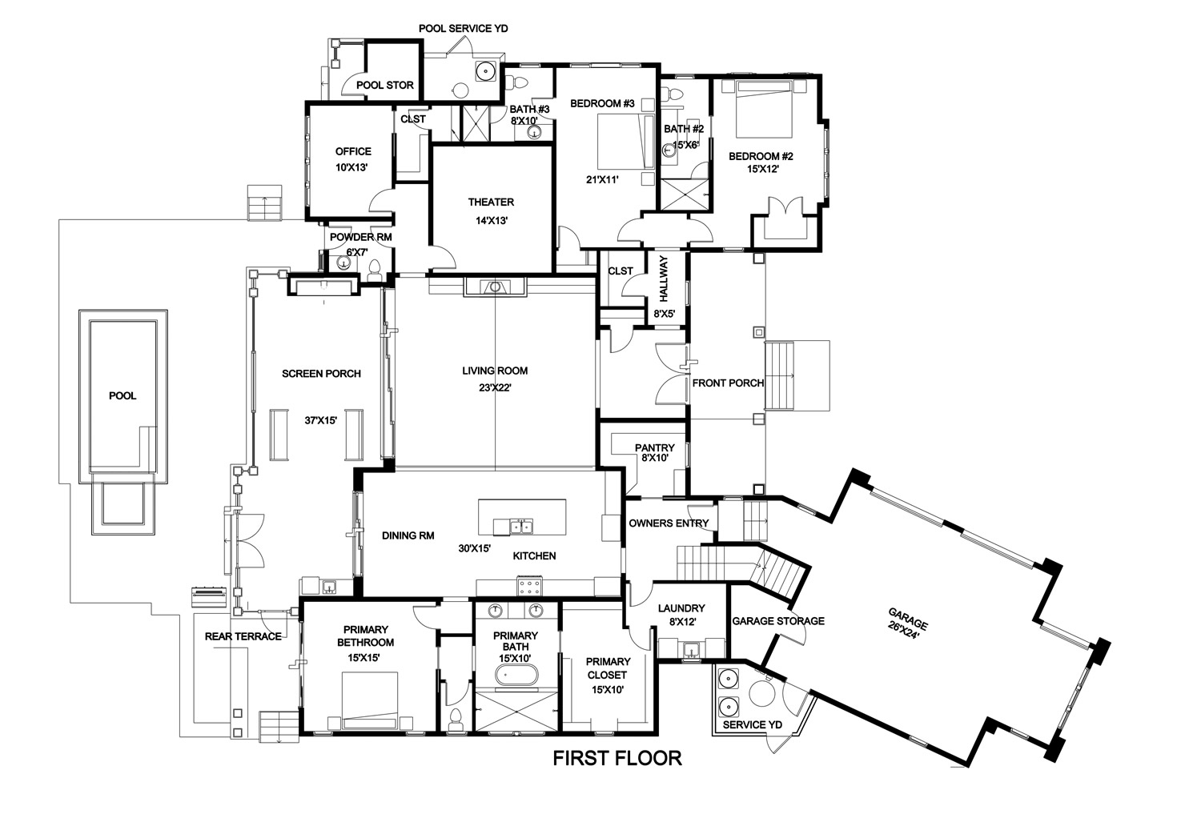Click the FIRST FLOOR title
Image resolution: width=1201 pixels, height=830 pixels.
(617, 758)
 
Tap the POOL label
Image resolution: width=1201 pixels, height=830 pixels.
(123, 396)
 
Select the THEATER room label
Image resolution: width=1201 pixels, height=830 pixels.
(491, 202)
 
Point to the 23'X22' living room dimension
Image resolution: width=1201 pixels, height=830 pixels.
(495, 387)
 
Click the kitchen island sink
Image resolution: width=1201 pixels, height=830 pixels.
(520, 526)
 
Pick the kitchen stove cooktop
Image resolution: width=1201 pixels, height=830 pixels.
(530, 585)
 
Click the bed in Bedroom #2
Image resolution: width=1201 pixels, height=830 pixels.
(764, 109)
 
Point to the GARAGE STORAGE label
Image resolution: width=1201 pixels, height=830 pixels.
(778, 621)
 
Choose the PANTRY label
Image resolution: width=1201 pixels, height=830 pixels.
(655, 447)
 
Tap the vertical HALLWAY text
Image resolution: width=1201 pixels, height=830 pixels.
(664, 279)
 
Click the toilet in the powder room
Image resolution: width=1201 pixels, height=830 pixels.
(375, 268)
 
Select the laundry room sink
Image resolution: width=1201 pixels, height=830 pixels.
(693, 650)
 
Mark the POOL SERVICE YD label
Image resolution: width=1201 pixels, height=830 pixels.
(464, 28)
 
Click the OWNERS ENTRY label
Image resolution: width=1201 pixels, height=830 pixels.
(669, 523)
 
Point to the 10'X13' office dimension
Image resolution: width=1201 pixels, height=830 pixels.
(351, 168)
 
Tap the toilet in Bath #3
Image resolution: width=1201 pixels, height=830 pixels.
(519, 82)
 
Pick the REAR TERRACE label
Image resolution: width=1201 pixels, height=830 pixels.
(243, 636)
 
